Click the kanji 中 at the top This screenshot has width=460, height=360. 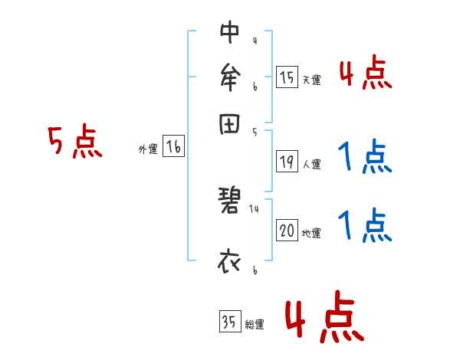pyautogui.click(x=229, y=33)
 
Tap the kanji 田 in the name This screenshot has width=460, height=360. pyautogui.click(x=229, y=124)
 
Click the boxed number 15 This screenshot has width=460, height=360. pyautogui.click(x=287, y=77)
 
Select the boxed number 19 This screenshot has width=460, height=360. pyautogui.click(x=287, y=162)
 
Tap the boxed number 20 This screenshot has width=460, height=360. pyautogui.click(x=287, y=231)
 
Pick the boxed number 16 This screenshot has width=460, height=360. pyautogui.click(x=173, y=147)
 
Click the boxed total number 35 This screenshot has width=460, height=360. pyautogui.click(x=229, y=322)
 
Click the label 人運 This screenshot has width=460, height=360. pyautogui.click(x=311, y=164)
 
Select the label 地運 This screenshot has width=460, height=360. pyautogui.click(x=311, y=233)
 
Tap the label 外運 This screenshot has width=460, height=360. pyautogui.click(x=148, y=149)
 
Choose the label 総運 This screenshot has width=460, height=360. pyautogui.click(x=255, y=325)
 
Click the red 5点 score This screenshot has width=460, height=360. pyautogui.click(x=74, y=142)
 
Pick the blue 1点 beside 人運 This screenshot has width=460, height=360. pyautogui.click(x=364, y=159)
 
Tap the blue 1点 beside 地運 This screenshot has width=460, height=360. pyautogui.click(x=364, y=227)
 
